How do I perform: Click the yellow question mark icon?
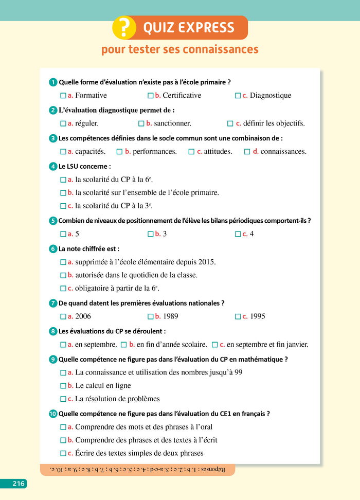coord(124,28)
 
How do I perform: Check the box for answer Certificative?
coord(151,96)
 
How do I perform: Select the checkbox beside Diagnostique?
coord(238,96)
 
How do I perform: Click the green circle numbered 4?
coord(53,167)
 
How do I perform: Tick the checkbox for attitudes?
coord(191,152)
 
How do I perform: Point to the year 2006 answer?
coord(83,316)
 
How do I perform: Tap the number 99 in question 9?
coord(238,372)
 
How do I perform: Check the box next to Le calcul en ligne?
coord(63,386)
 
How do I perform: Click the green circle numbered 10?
coord(53,414)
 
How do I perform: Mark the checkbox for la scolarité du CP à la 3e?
coord(63,206)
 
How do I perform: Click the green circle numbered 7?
coord(53,303)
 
